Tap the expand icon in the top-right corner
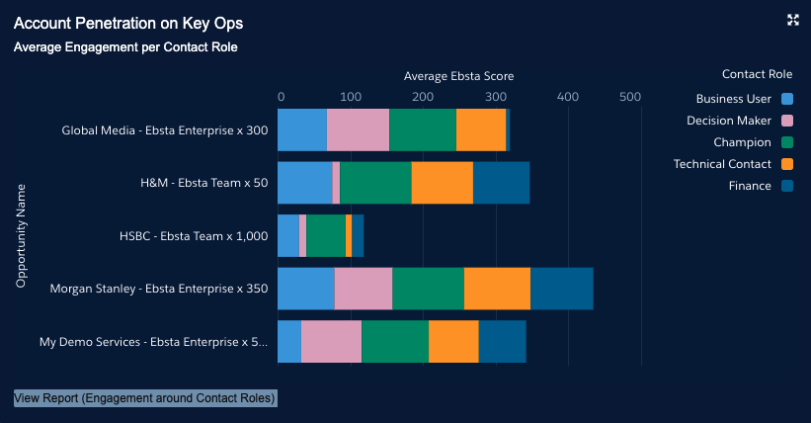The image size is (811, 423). pos(792,20)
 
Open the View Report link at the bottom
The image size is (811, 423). pos(145,398)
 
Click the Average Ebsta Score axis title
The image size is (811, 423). pos(458,76)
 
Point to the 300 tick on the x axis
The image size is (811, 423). pos(496,97)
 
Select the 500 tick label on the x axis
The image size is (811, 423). pos(630,97)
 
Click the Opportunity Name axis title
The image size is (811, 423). pos(21,235)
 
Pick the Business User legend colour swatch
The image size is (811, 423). pos(787,99)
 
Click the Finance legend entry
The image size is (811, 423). pos(750,186)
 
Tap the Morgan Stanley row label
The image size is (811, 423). pos(159,289)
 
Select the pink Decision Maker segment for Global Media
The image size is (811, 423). pos(358,130)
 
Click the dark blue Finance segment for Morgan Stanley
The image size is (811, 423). pos(562,289)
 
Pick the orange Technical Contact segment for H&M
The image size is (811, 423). pos(442,183)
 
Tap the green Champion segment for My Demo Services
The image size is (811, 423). pos(395,341)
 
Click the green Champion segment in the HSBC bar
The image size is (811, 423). pos(326,236)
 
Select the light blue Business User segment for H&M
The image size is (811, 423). pos(304,183)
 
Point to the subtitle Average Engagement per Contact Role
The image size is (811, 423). pos(125,46)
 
